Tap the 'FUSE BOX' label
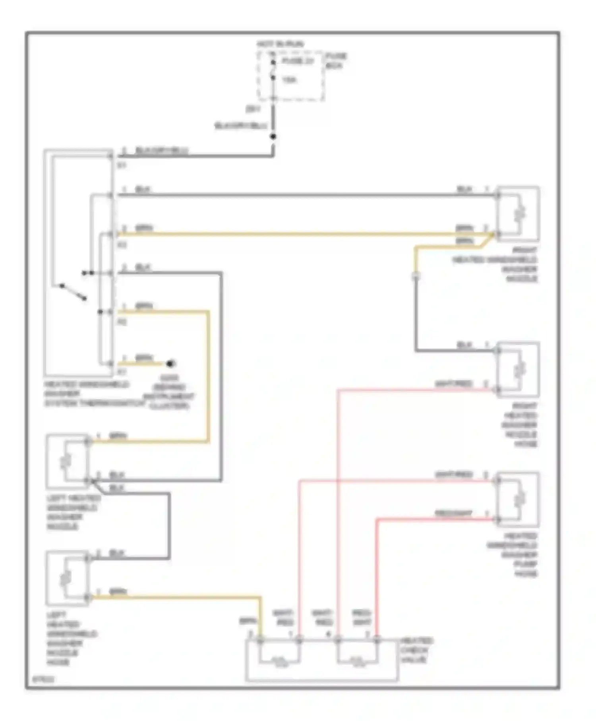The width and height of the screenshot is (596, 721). [336, 61]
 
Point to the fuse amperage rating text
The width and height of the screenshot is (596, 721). [290, 80]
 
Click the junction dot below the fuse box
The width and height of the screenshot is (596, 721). [273, 137]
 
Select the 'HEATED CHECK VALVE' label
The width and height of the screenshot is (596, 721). [416, 650]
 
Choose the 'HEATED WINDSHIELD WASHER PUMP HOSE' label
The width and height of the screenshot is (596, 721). [513, 555]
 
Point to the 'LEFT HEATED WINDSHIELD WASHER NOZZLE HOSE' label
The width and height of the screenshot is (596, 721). [72, 638]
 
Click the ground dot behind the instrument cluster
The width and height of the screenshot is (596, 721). [171, 363]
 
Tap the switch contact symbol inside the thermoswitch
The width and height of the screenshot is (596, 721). [73, 292]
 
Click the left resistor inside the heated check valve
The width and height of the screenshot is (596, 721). [279, 661]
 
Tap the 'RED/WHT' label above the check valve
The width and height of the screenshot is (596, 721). [362, 618]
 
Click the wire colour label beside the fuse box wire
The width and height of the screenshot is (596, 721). [241, 126]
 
